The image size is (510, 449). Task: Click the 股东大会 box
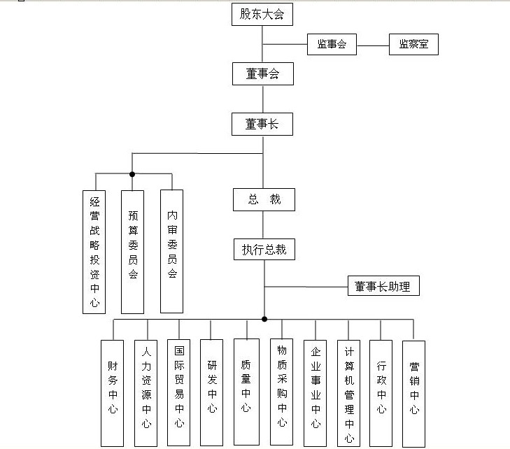(x=262, y=14)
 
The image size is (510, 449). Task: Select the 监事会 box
(x=332, y=45)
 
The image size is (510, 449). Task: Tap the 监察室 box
(x=413, y=45)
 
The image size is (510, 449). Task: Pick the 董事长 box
(x=262, y=124)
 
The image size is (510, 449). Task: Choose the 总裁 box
(x=264, y=199)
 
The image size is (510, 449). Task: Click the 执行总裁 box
(x=264, y=250)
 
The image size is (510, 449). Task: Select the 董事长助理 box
(x=383, y=286)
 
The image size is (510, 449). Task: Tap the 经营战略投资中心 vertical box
(x=94, y=252)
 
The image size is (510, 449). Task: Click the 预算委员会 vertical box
(x=133, y=252)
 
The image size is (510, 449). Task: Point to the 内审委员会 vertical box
(x=172, y=252)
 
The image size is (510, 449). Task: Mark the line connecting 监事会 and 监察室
(x=372, y=45)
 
